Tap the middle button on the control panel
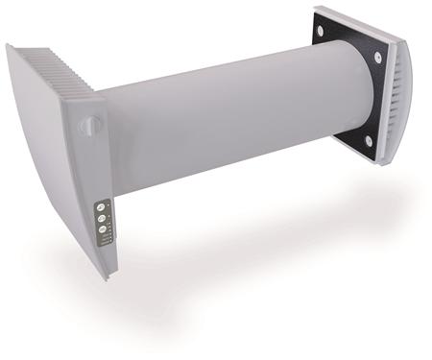pos(101,218)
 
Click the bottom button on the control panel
pos(101,229)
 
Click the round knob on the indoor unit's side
pos(89,125)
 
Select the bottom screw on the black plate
pos(371,144)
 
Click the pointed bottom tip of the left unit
pos(108,276)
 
